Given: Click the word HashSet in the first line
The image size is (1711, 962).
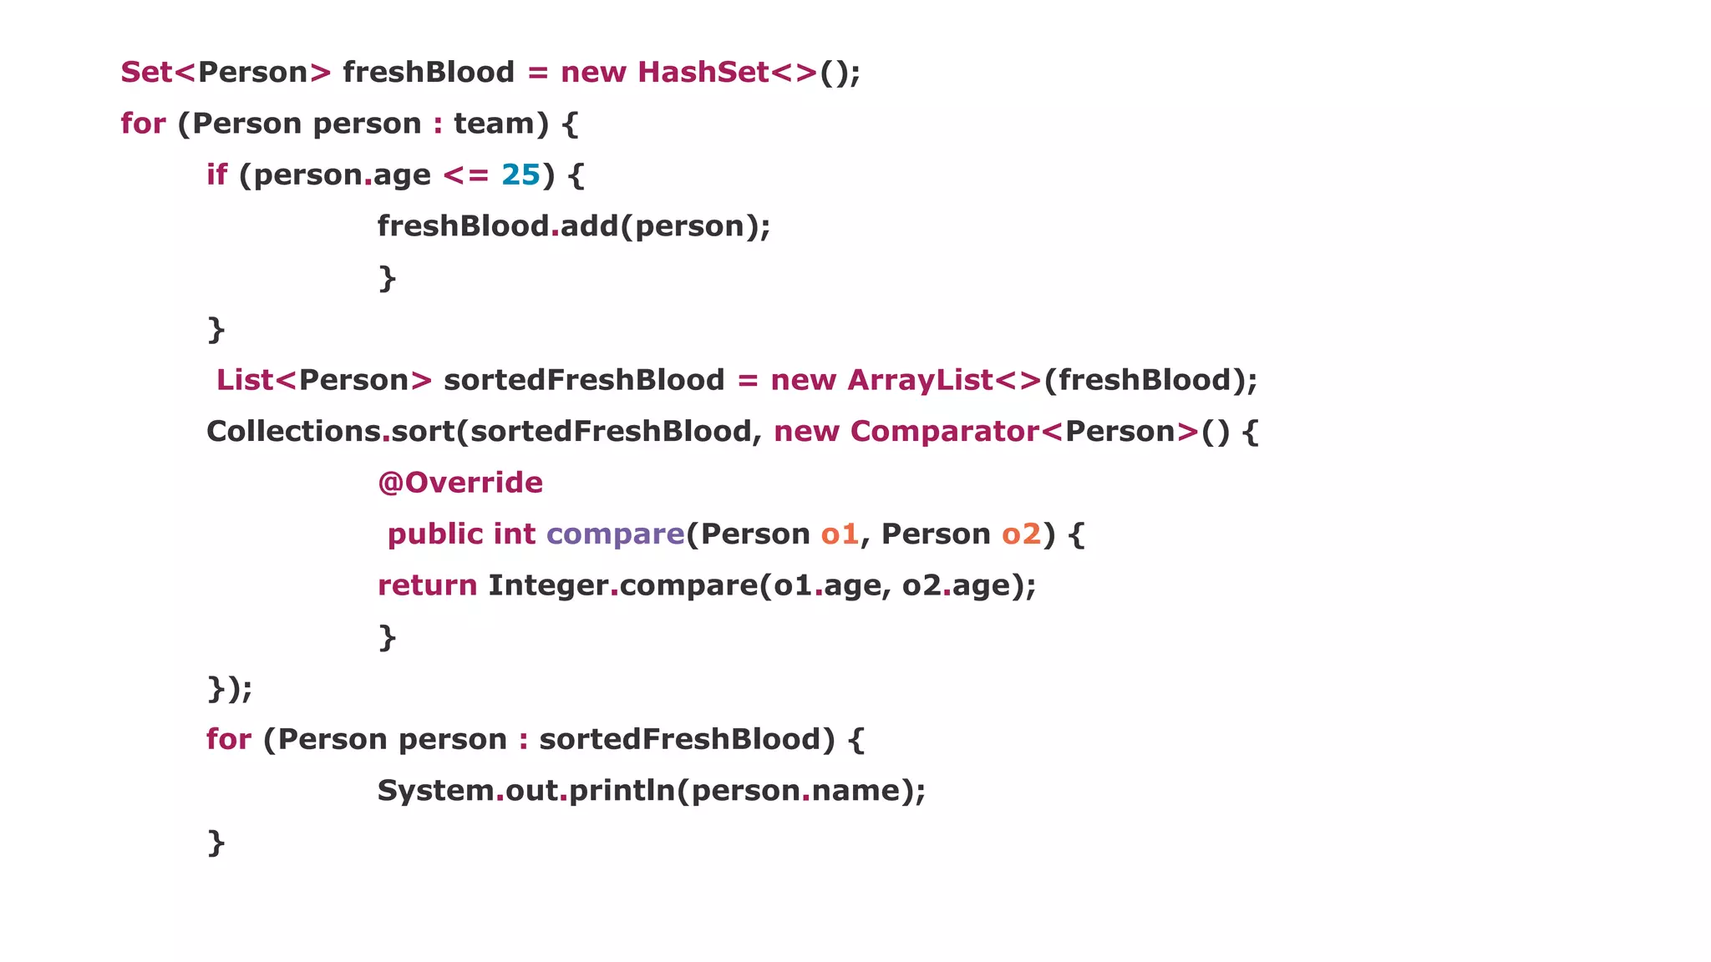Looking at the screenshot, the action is point(703,73).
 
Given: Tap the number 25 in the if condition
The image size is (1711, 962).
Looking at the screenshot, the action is point(520,175).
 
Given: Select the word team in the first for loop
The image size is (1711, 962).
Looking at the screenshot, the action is point(494,124).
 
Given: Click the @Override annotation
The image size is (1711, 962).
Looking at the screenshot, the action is point(460,484).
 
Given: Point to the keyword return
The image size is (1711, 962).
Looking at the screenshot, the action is point(427,586).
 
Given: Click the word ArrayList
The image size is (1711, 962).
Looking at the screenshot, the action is point(920,381).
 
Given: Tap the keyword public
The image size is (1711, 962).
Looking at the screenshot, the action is point(435,534).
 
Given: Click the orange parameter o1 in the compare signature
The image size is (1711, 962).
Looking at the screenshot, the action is point(840,534).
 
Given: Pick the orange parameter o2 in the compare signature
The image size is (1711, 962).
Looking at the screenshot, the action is point(1022,534).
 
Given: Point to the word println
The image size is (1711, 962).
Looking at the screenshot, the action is point(622,791).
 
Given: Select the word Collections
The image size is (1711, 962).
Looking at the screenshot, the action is point(293,433).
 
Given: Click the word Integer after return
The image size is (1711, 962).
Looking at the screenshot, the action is point(548,586).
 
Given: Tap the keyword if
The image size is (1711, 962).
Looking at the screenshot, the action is point(216,175).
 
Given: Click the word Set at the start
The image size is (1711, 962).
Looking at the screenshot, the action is point(146,73).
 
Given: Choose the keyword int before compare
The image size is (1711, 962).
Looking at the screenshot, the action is point(514,534).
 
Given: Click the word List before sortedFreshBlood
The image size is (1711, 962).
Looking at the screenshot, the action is point(245,381).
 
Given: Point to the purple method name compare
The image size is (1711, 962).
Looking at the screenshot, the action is point(616,535).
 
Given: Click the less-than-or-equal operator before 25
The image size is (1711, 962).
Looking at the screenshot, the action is point(465,175).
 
